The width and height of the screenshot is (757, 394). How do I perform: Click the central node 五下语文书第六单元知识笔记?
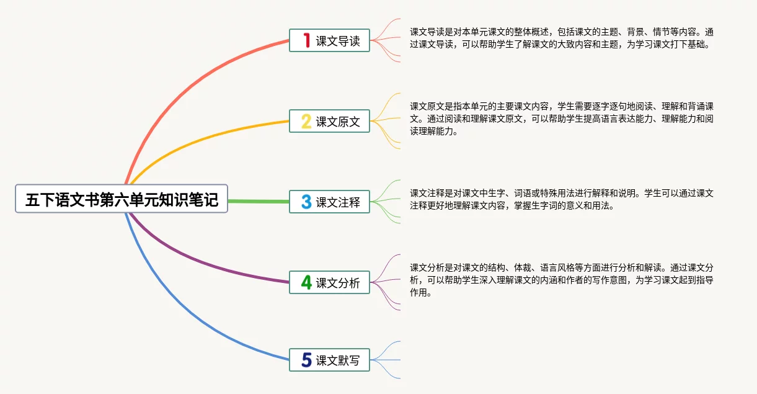click(x=122, y=200)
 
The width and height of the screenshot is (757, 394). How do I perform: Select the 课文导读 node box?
click(x=329, y=40)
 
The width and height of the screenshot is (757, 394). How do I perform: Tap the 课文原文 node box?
click(x=329, y=121)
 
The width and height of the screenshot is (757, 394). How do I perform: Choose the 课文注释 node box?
click(x=329, y=202)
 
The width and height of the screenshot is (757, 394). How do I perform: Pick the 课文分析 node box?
click(x=329, y=282)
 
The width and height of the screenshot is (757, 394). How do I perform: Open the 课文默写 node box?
click(x=329, y=360)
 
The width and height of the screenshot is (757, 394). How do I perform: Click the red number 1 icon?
click(x=306, y=40)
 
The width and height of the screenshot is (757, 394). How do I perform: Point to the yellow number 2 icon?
click(x=306, y=121)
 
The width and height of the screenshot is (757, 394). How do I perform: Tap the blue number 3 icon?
click(x=306, y=202)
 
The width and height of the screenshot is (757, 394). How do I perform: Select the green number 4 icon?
click(x=306, y=282)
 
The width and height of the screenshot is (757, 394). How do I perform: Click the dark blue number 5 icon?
click(x=306, y=360)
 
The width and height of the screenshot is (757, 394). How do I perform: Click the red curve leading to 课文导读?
click(x=186, y=77)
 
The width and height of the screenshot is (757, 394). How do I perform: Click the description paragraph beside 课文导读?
click(x=561, y=38)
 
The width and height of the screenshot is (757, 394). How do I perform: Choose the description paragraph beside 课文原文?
click(x=561, y=119)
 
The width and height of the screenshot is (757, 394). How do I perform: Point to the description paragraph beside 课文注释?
click(x=561, y=199)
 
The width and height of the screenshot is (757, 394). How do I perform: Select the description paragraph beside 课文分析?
click(x=561, y=280)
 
